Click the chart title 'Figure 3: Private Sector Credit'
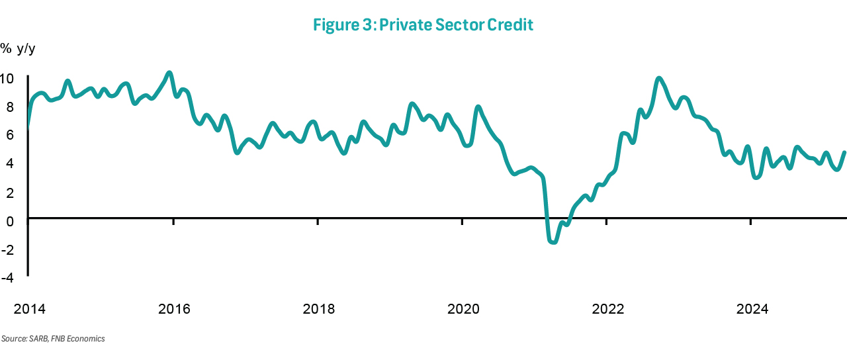coord(423,25)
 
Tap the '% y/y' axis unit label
coord(18,48)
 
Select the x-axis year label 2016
coord(175,309)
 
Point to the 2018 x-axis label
coord(319,309)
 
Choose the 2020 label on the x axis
coord(463,309)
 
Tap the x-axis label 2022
coord(607,309)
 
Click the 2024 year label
coord(752,309)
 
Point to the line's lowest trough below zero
coord(553,242)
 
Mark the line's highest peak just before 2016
coord(169,73)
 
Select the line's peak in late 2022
coord(658,79)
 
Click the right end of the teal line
coord(844,152)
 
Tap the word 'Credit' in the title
coord(510,25)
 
